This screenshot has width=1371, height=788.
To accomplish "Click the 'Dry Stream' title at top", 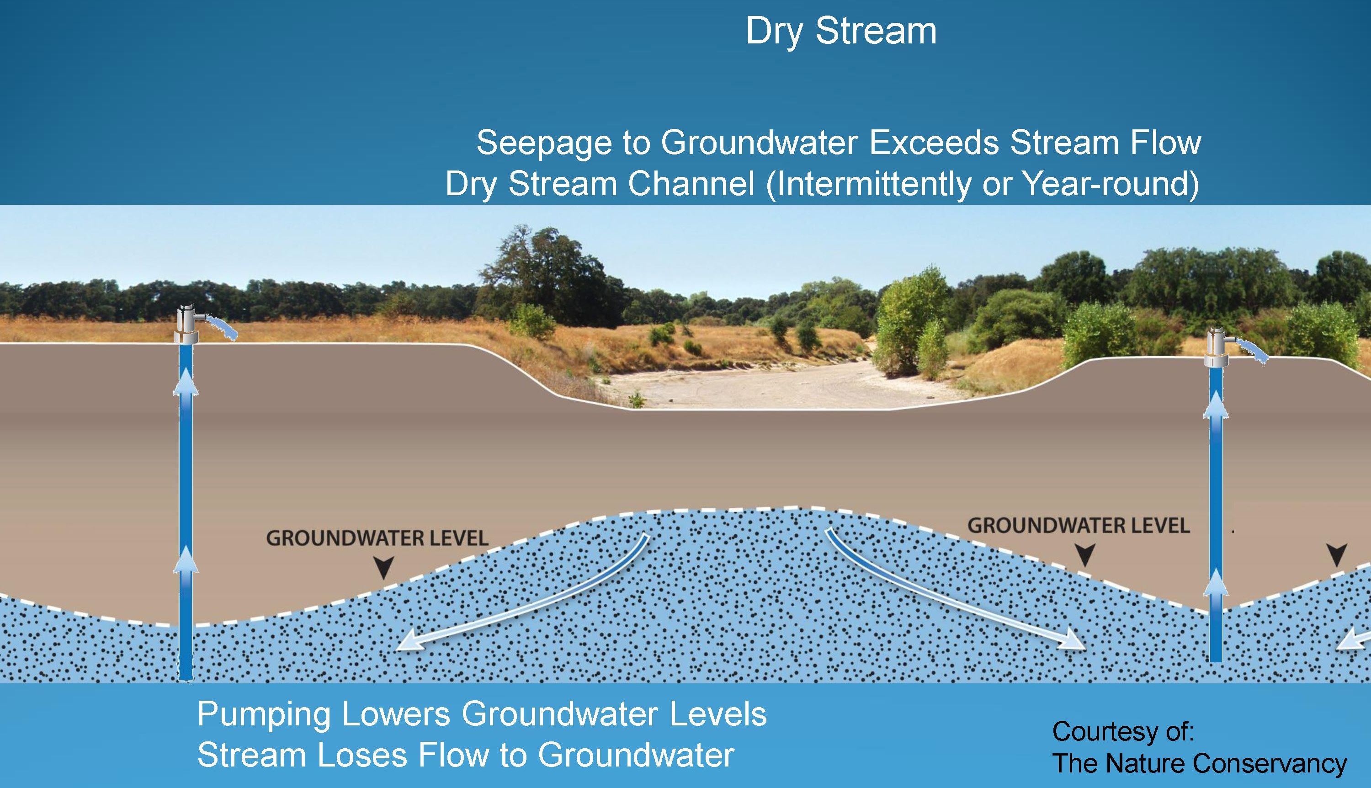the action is point(841,32).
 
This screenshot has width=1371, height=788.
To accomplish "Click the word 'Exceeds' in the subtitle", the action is point(933,143).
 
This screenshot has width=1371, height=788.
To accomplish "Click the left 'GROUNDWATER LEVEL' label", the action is point(377,538).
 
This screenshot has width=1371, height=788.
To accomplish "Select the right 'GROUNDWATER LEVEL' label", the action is point(1079,526).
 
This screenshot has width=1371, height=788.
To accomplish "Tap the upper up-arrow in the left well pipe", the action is point(186,382).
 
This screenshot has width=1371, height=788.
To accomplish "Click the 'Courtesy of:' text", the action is point(1123,732).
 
